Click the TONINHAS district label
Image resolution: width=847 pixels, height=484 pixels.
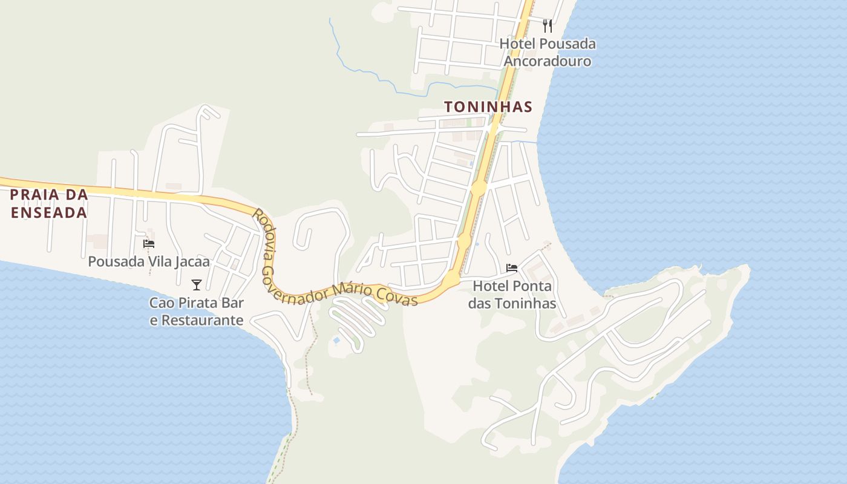click(x=488, y=107)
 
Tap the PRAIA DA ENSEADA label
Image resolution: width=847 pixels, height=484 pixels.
click(x=48, y=204)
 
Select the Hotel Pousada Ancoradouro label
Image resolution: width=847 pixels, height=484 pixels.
click(x=547, y=53)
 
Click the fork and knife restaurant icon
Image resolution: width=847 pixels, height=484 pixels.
click(x=548, y=25)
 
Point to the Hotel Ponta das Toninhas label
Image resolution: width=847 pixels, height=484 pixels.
click(x=512, y=295)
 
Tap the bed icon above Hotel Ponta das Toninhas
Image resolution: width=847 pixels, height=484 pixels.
click(x=512, y=268)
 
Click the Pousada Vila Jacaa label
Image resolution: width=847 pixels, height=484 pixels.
click(x=149, y=261)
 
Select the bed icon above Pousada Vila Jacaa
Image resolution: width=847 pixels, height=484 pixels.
click(x=149, y=244)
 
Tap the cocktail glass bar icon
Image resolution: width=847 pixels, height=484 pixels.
click(x=197, y=284)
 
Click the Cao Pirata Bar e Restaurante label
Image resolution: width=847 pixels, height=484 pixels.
click(x=197, y=312)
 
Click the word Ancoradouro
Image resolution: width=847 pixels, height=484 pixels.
click(x=547, y=61)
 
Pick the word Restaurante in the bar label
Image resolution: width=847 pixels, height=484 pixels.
click(x=197, y=321)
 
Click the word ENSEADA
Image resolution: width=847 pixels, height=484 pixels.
click(x=48, y=213)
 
